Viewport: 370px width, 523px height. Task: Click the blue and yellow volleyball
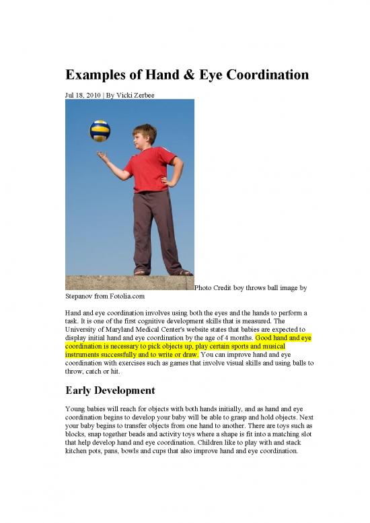[100, 130]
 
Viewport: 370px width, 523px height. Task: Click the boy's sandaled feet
[161, 271]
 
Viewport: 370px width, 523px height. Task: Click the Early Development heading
[110, 390]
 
